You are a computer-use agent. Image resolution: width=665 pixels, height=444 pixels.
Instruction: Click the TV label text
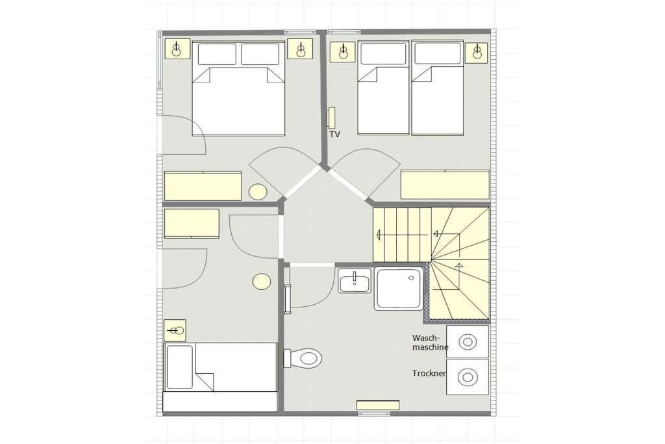click(x=334, y=135)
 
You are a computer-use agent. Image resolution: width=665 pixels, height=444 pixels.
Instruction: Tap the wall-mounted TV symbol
click(x=331, y=117)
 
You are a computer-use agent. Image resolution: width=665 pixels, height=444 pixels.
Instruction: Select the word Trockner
click(x=429, y=374)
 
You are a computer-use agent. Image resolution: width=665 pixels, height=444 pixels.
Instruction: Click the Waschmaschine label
click(x=430, y=343)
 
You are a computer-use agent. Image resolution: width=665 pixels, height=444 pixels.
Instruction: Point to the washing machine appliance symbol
click(x=468, y=342)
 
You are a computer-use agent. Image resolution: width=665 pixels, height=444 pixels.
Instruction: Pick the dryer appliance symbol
click(x=468, y=377)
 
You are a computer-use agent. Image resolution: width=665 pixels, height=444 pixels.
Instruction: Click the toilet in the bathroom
click(x=303, y=358)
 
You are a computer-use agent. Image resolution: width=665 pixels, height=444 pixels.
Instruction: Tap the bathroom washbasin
click(x=355, y=281)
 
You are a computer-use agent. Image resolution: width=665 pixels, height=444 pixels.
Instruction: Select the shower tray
click(x=399, y=289)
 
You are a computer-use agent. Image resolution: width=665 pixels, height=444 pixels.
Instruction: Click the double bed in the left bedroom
click(x=238, y=88)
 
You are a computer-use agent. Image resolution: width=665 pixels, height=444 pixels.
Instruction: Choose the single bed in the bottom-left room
click(x=220, y=377)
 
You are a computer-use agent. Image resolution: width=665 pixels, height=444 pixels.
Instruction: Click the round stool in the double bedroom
click(x=257, y=192)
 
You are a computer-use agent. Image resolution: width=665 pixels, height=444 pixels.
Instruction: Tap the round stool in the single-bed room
click(x=262, y=281)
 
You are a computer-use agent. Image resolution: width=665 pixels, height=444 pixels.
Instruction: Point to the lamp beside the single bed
click(x=175, y=330)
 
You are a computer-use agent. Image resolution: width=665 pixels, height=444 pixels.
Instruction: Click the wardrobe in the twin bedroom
click(x=445, y=184)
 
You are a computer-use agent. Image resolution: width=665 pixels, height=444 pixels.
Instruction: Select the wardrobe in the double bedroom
click(x=203, y=186)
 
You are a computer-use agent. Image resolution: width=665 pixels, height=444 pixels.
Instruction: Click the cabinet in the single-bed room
click(x=192, y=224)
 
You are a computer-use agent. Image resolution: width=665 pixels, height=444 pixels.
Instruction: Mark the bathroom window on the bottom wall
click(x=378, y=406)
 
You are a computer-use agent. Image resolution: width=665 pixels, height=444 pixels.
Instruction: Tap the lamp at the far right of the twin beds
click(x=477, y=51)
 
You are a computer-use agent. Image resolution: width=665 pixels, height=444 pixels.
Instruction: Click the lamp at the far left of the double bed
click(x=177, y=49)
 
